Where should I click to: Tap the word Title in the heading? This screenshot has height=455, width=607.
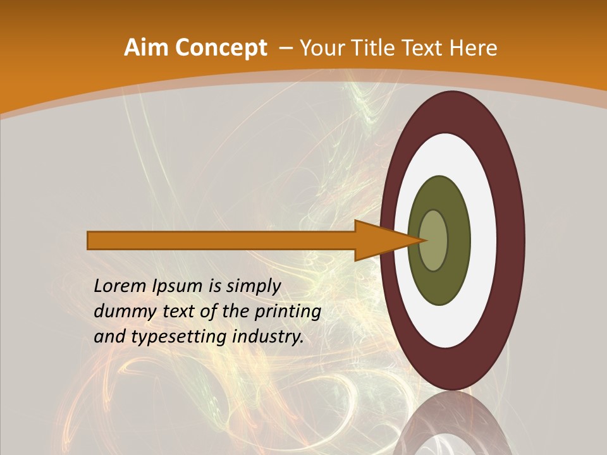point(377,48)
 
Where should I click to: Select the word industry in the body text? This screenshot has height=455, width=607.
point(267,337)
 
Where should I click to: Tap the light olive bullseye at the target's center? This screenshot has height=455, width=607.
point(433,241)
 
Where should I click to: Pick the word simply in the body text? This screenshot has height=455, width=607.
point(253,286)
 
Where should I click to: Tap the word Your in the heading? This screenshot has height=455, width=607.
point(321,48)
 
